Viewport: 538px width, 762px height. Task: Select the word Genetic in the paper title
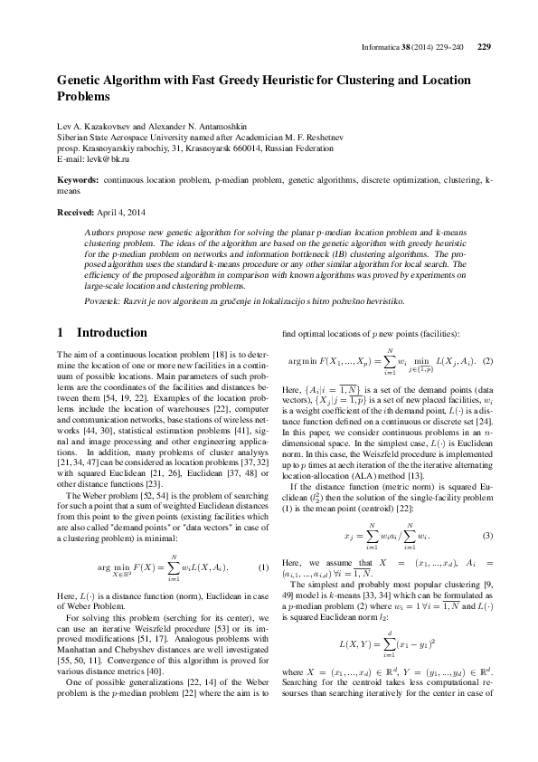coord(79,79)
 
